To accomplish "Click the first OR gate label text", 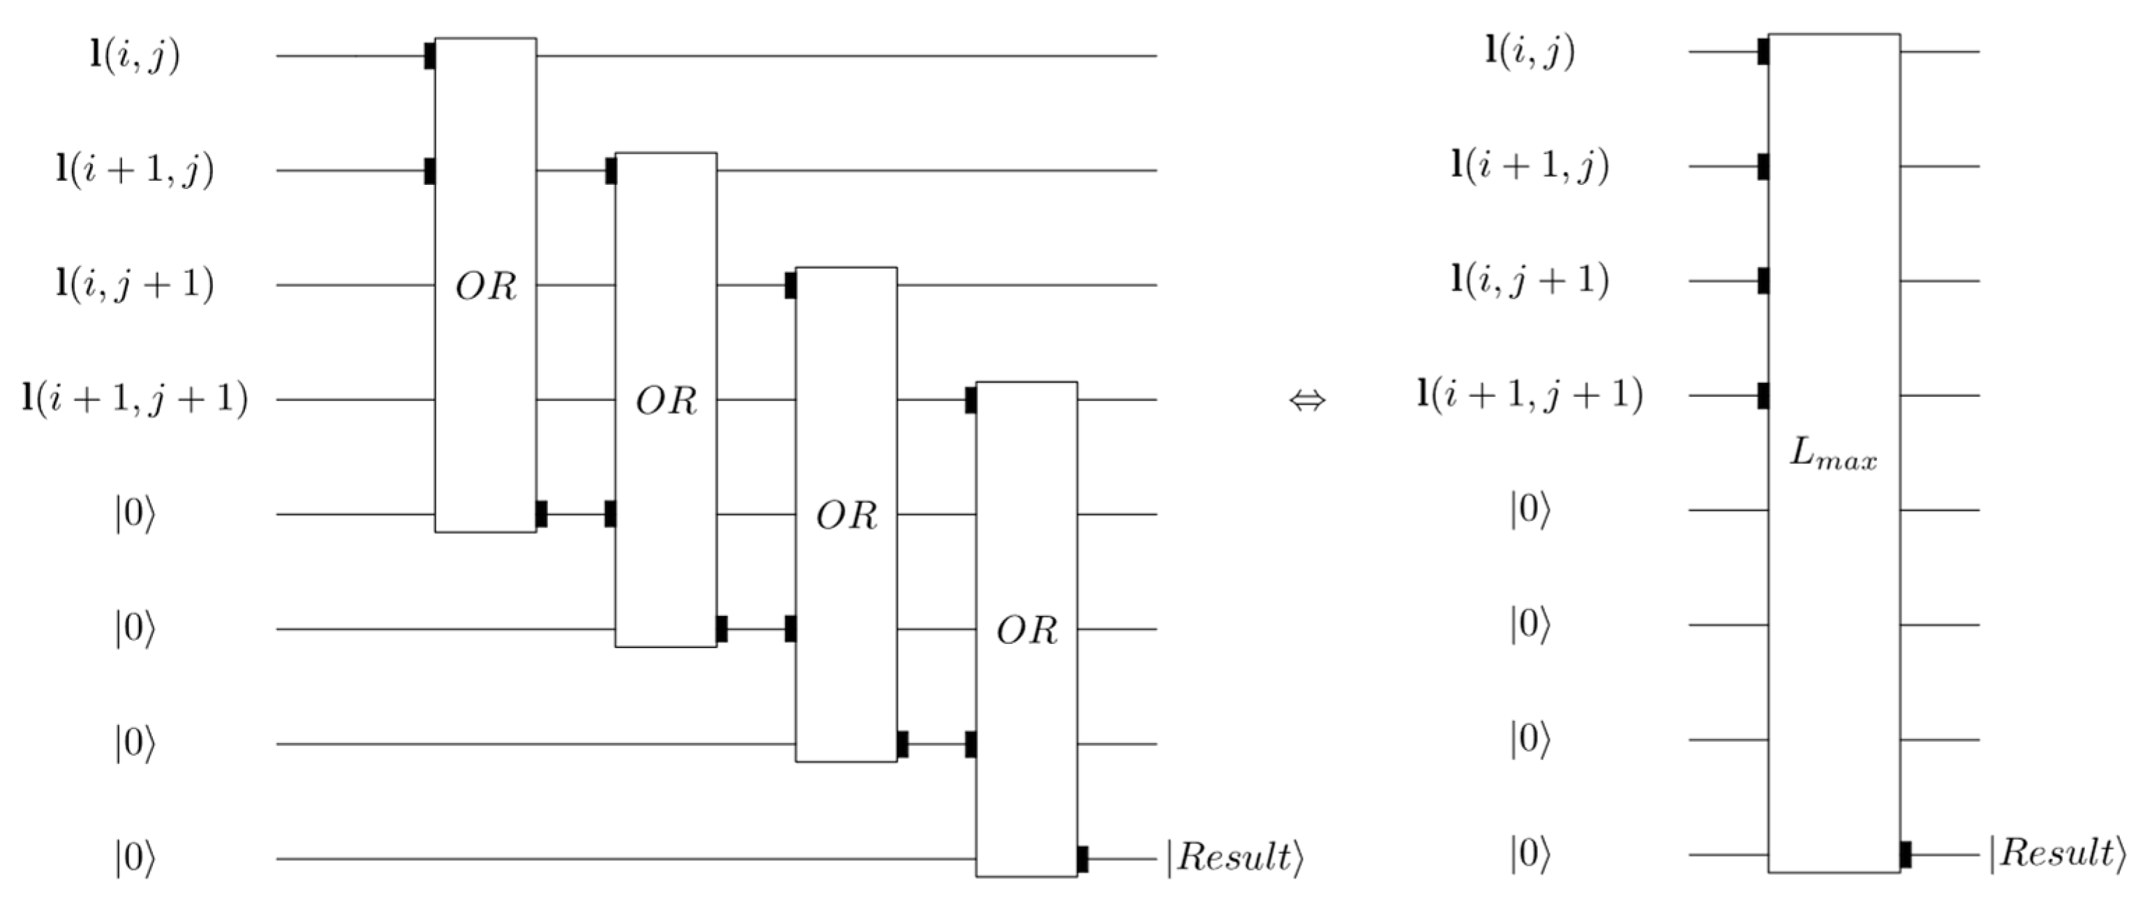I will tap(486, 287).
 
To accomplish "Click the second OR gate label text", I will tap(666, 402).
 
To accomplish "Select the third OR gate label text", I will tap(846, 516).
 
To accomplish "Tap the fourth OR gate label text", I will tap(1026, 631).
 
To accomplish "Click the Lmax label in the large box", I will tap(1833, 457).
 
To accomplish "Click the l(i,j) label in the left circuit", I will tap(135, 56).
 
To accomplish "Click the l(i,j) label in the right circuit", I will tap(1530, 52).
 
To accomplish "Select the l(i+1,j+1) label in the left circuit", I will tap(135, 399).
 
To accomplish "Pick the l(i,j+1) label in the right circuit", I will tap(1530, 280).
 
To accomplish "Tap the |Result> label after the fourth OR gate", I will tap(1234, 857).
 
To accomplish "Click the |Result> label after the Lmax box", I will tap(2057, 853).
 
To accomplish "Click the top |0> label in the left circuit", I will tap(135, 514).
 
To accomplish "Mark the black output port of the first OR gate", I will tap(541, 514).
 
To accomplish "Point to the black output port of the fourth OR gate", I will tap(1083, 859).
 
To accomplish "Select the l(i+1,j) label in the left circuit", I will tap(135, 170).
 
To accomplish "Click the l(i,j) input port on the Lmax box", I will tap(1763, 52).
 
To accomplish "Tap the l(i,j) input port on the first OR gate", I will tap(429, 56).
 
